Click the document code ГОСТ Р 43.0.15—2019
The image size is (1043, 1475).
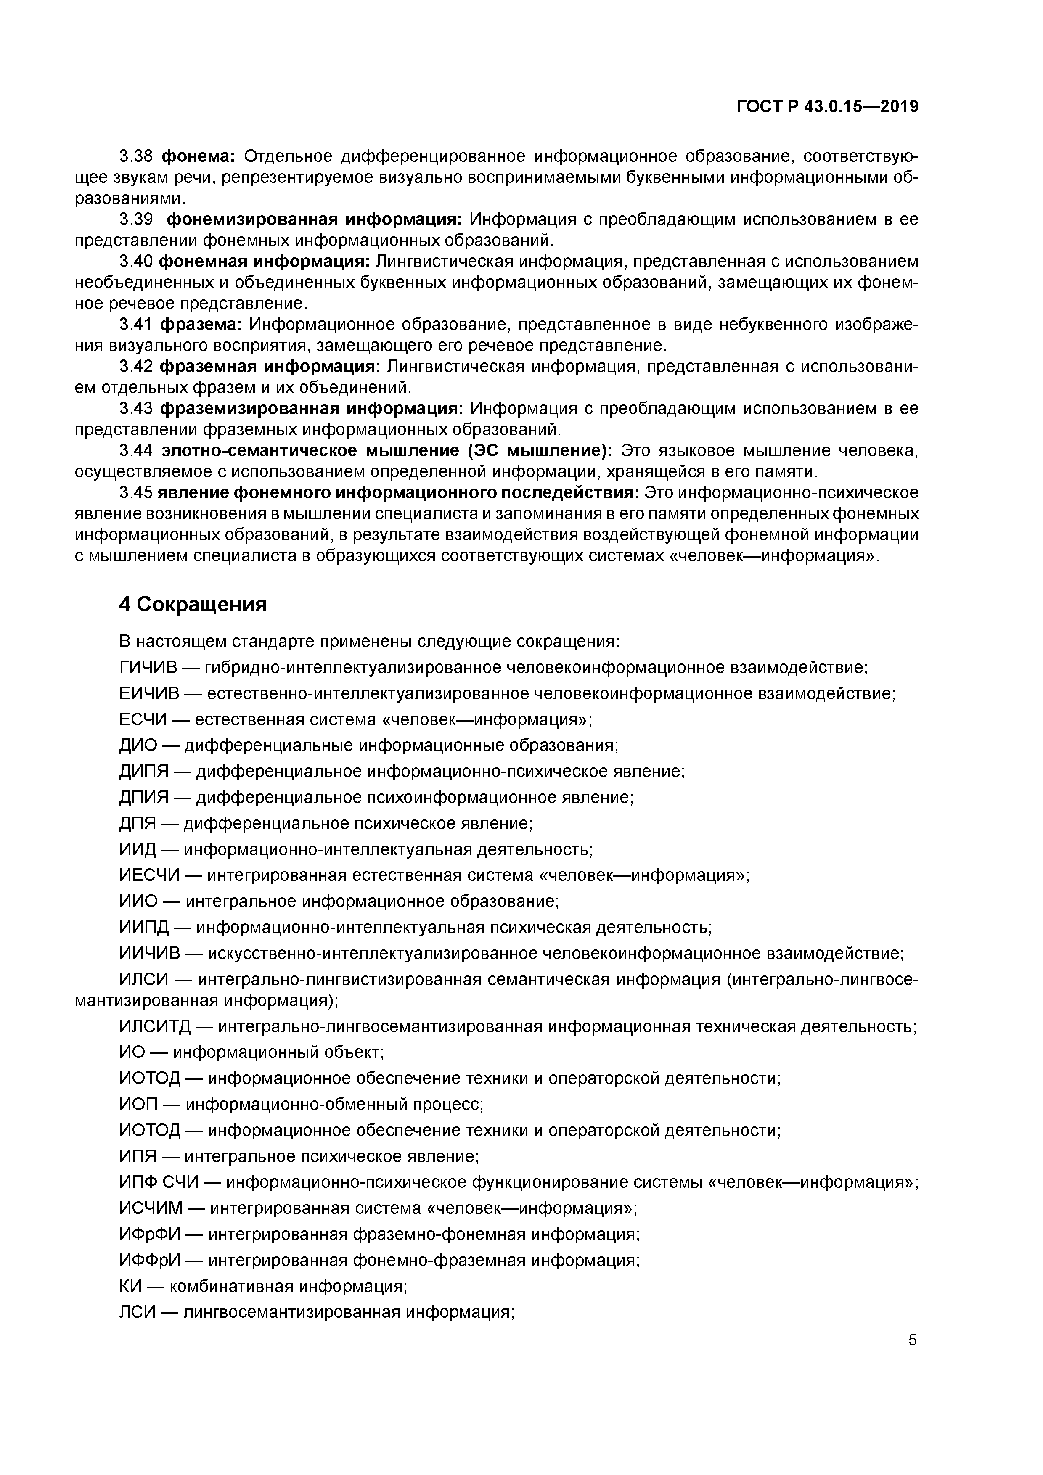tap(827, 107)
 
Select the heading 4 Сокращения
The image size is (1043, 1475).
tap(193, 605)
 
